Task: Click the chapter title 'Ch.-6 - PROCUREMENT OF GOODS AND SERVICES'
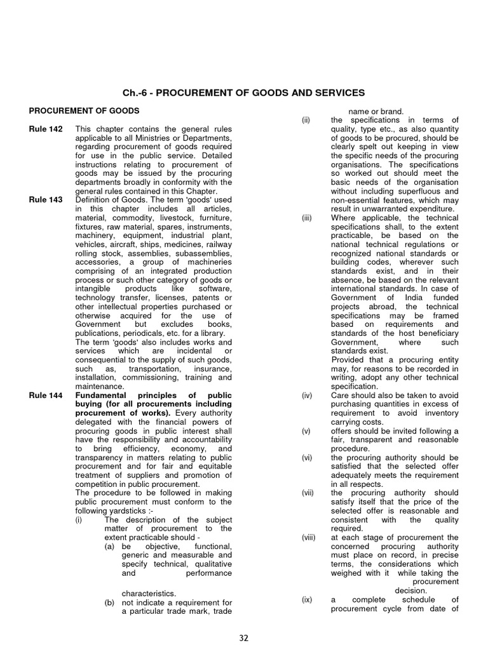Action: click(243, 93)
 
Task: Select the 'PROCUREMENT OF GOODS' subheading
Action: click(84, 111)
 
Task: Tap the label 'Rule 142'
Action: click(46, 129)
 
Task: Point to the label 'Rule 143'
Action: click(46, 201)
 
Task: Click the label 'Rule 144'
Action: click(46, 395)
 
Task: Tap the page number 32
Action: click(243, 637)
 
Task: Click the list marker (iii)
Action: click(306, 218)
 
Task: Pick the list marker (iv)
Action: click(306, 395)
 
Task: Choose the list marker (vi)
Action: click(306, 457)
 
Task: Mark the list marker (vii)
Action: click(306, 493)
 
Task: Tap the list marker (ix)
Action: click(306, 599)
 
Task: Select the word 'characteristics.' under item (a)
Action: click(149, 594)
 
